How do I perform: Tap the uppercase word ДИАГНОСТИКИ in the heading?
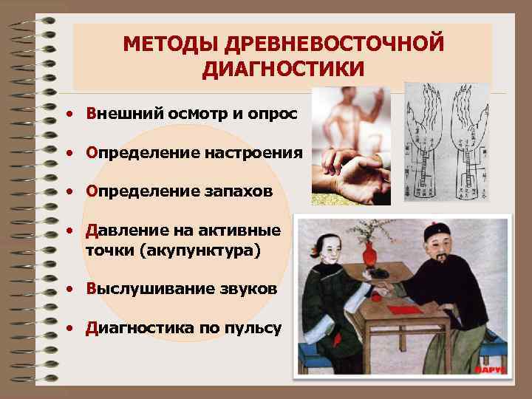tap(284, 69)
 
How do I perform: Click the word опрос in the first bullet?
tap(271, 115)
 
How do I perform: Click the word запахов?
tap(237, 191)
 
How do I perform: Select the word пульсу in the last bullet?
tap(254, 327)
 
